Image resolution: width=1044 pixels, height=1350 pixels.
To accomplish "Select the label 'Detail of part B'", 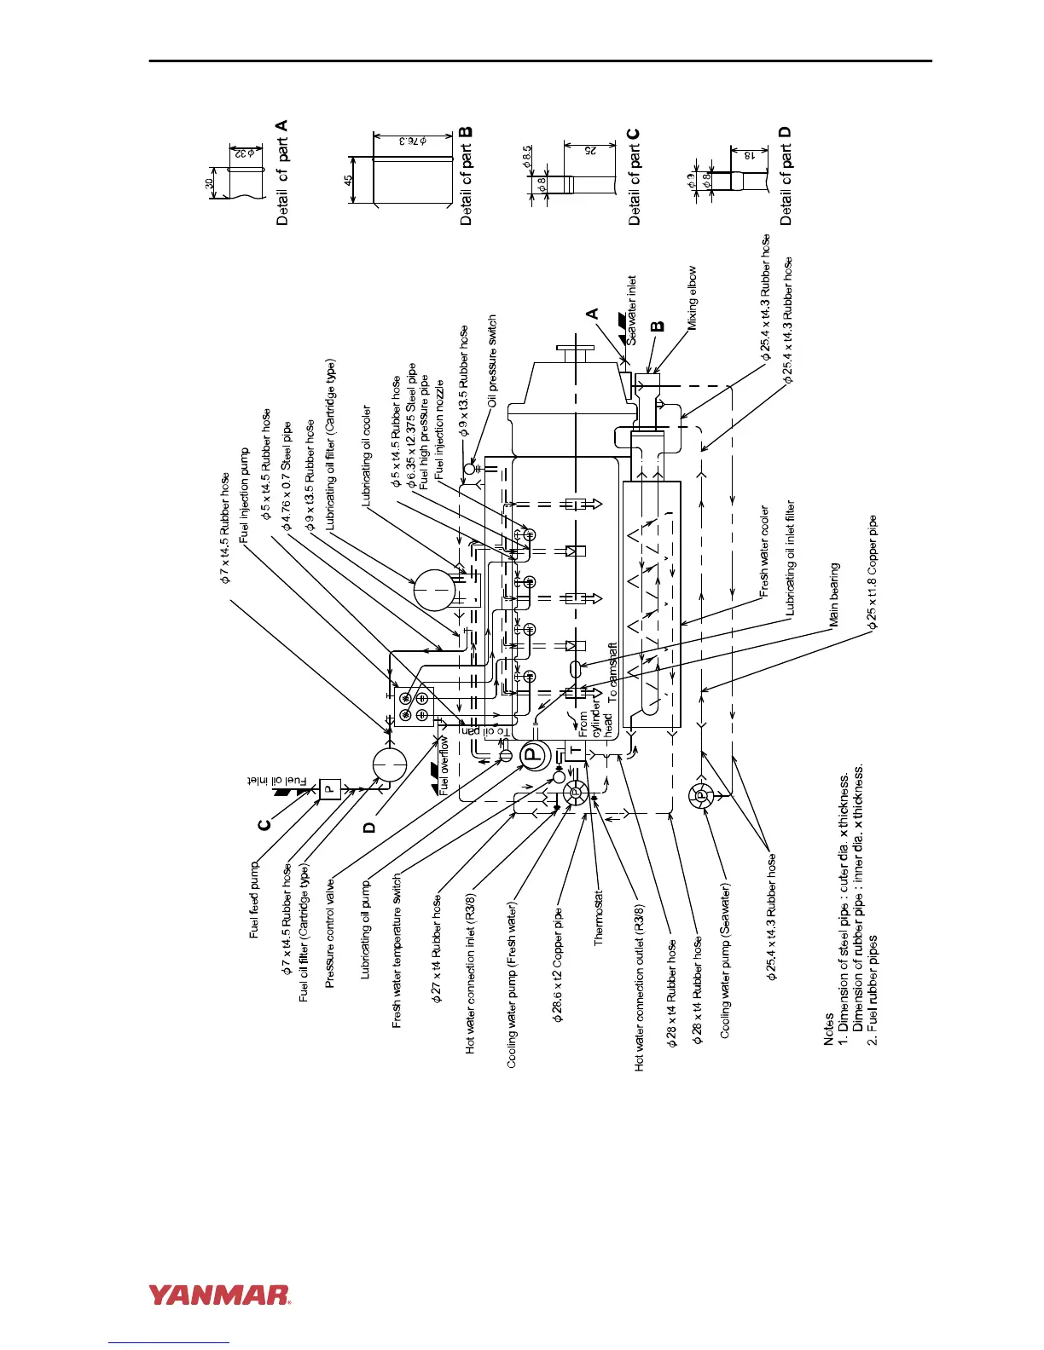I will click(x=466, y=176).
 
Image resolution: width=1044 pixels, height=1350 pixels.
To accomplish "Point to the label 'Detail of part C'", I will click(x=634, y=176).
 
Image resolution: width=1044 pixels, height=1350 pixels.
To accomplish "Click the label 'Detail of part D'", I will click(x=786, y=176).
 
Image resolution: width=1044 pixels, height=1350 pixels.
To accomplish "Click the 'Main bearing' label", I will click(x=834, y=595).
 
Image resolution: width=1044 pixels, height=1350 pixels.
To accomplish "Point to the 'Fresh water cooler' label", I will click(x=764, y=551).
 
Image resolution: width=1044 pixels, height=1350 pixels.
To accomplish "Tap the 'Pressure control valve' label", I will click(x=330, y=935).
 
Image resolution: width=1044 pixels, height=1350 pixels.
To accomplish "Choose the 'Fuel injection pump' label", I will click(x=245, y=496).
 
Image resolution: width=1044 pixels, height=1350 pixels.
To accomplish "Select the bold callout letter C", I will click(x=264, y=823).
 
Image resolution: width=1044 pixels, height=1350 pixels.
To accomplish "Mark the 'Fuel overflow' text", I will click(x=444, y=765).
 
